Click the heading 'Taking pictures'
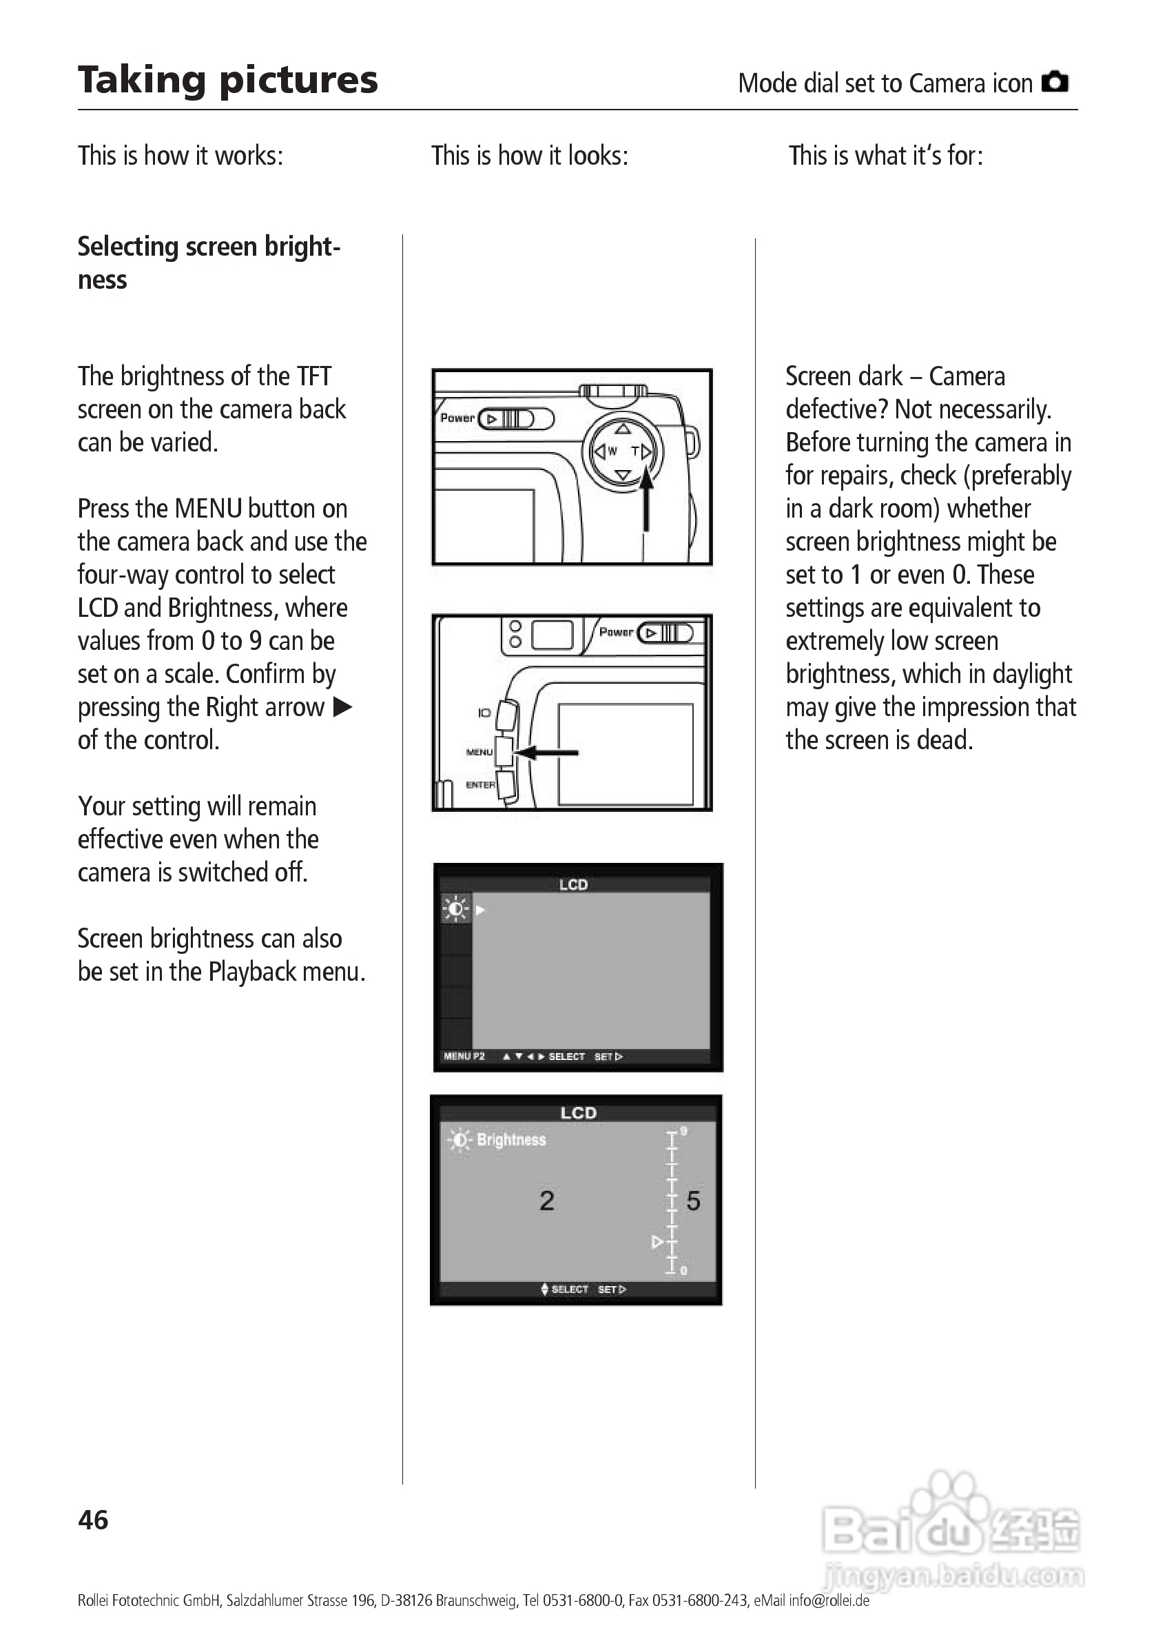[x=227, y=80]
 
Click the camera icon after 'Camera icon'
[x=1055, y=82]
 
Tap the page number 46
[x=93, y=1520]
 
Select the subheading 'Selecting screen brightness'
[x=209, y=262]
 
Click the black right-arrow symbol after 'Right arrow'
[x=343, y=707]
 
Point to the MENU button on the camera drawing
[x=504, y=751]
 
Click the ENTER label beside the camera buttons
[x=480, y=785]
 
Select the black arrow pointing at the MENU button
[x=546, y=752]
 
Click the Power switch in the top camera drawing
[x=516, y=419]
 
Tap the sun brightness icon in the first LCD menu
[x=455, y=909]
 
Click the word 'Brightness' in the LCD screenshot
[x=511, y=1140]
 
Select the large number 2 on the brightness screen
[x=546, y=1201]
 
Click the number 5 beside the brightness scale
[x=693, y=1201]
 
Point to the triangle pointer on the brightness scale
[x=657, y=1242]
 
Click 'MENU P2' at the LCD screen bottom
[x=464, y=1057]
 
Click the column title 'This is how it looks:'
[x=529, y=155]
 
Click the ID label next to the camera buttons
[x=484, y=713]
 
